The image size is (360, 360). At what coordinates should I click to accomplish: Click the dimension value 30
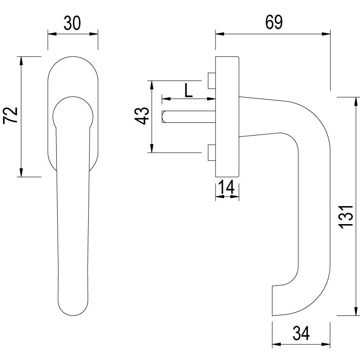(72, 23)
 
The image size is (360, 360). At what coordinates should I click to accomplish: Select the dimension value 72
(11, 116)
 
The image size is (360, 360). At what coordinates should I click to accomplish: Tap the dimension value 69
(273, 22)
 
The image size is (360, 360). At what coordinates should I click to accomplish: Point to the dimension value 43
(142, 116)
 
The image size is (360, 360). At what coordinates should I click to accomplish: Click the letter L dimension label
(189, 91)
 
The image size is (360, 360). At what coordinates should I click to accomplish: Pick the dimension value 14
(227, 187)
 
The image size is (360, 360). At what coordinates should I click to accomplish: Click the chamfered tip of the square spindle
(164, 116)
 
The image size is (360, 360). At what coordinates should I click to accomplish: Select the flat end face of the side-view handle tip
(273, 299)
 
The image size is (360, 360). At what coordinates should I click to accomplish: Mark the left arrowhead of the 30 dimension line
(49, 34)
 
